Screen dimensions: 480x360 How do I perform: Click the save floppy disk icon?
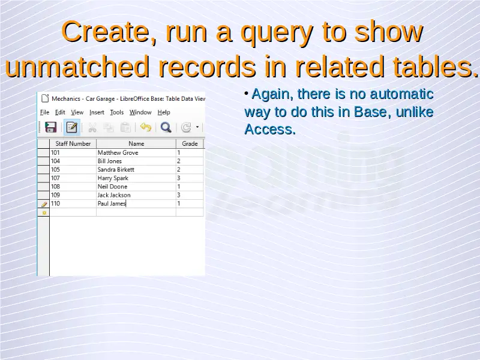point(51,127)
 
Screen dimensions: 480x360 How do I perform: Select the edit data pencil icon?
point(71,127)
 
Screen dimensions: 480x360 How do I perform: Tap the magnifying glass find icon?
point(166,127)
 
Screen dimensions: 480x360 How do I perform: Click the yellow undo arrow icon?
point(146,127)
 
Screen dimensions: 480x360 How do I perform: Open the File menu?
point(44,112)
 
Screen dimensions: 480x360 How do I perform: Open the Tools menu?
point(116,112)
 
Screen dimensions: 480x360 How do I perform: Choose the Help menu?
point(164,112)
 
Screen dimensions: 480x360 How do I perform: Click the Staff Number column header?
point(73,143)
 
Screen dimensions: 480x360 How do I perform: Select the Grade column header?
point(190,143)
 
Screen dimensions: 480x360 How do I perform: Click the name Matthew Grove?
point(118,152)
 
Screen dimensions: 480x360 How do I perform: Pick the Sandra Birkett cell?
point(116,170)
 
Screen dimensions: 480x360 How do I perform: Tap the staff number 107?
point(55,178)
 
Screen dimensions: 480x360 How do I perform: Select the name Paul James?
point(112,203)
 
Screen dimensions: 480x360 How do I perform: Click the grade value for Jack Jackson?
point(179,195)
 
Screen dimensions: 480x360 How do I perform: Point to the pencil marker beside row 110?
point(44,204)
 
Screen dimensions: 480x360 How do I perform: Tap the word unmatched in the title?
point(77,67)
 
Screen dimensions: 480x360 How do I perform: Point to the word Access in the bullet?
point(270,129)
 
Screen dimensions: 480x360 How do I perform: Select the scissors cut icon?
point(92,127)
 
